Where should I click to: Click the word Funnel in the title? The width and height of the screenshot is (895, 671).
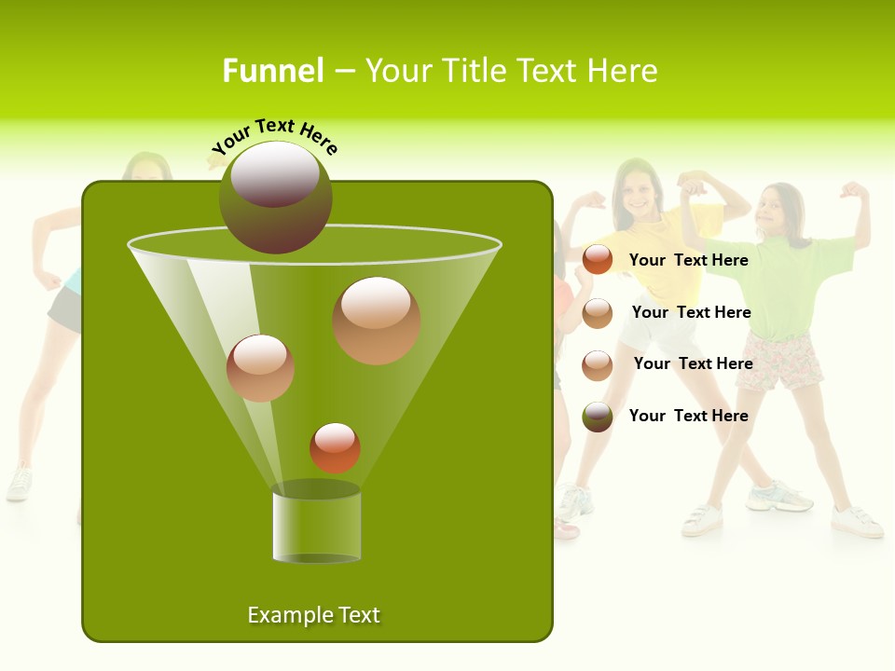pyautogui.click(x=272, y=71)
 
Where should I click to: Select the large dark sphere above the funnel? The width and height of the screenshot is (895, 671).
pyautogui.click(x=276, y=197)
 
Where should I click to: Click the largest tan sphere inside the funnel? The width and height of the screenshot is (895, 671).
pyautogui.click(x=376, y=320)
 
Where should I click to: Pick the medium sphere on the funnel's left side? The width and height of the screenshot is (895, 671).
pyautogui.click(x=260, y=367)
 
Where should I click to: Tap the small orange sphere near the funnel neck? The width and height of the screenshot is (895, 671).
pyautogui.click(x=335, y=447)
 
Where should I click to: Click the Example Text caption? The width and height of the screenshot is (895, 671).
pyautogui.click(x=313, y=615)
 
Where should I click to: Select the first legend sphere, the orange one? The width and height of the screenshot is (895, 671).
pyautogui.click(x=598, y=260)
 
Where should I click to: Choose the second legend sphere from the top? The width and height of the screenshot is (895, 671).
pyautogui.click(x=598, y=313)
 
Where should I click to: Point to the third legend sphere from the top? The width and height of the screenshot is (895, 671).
pyautogui.click(x=598, y=364)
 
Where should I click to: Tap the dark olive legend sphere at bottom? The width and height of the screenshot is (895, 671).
pyautogui.click(x=598, y=417)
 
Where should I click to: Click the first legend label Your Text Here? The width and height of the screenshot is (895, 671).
pyautogui.click(x=688, y=260)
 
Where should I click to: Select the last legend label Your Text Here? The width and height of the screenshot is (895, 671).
pyautogui.click(x=688, y=416)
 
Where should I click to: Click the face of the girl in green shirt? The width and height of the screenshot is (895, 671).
pyautogui.click(x=776, y=212)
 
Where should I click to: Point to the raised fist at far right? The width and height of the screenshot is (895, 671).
pyautogui.click(x=854, y=190)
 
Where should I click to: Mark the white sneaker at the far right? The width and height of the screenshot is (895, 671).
pyautogui.click(x=857, y=522)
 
